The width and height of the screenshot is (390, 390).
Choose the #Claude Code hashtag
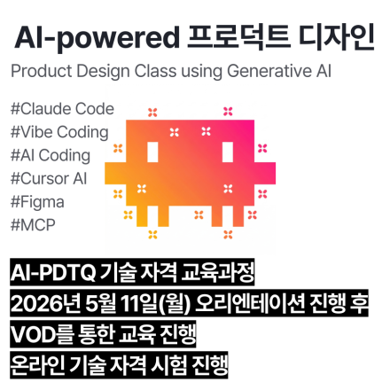(x=61, y=110)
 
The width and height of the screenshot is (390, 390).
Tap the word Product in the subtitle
(x=38, y=71)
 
